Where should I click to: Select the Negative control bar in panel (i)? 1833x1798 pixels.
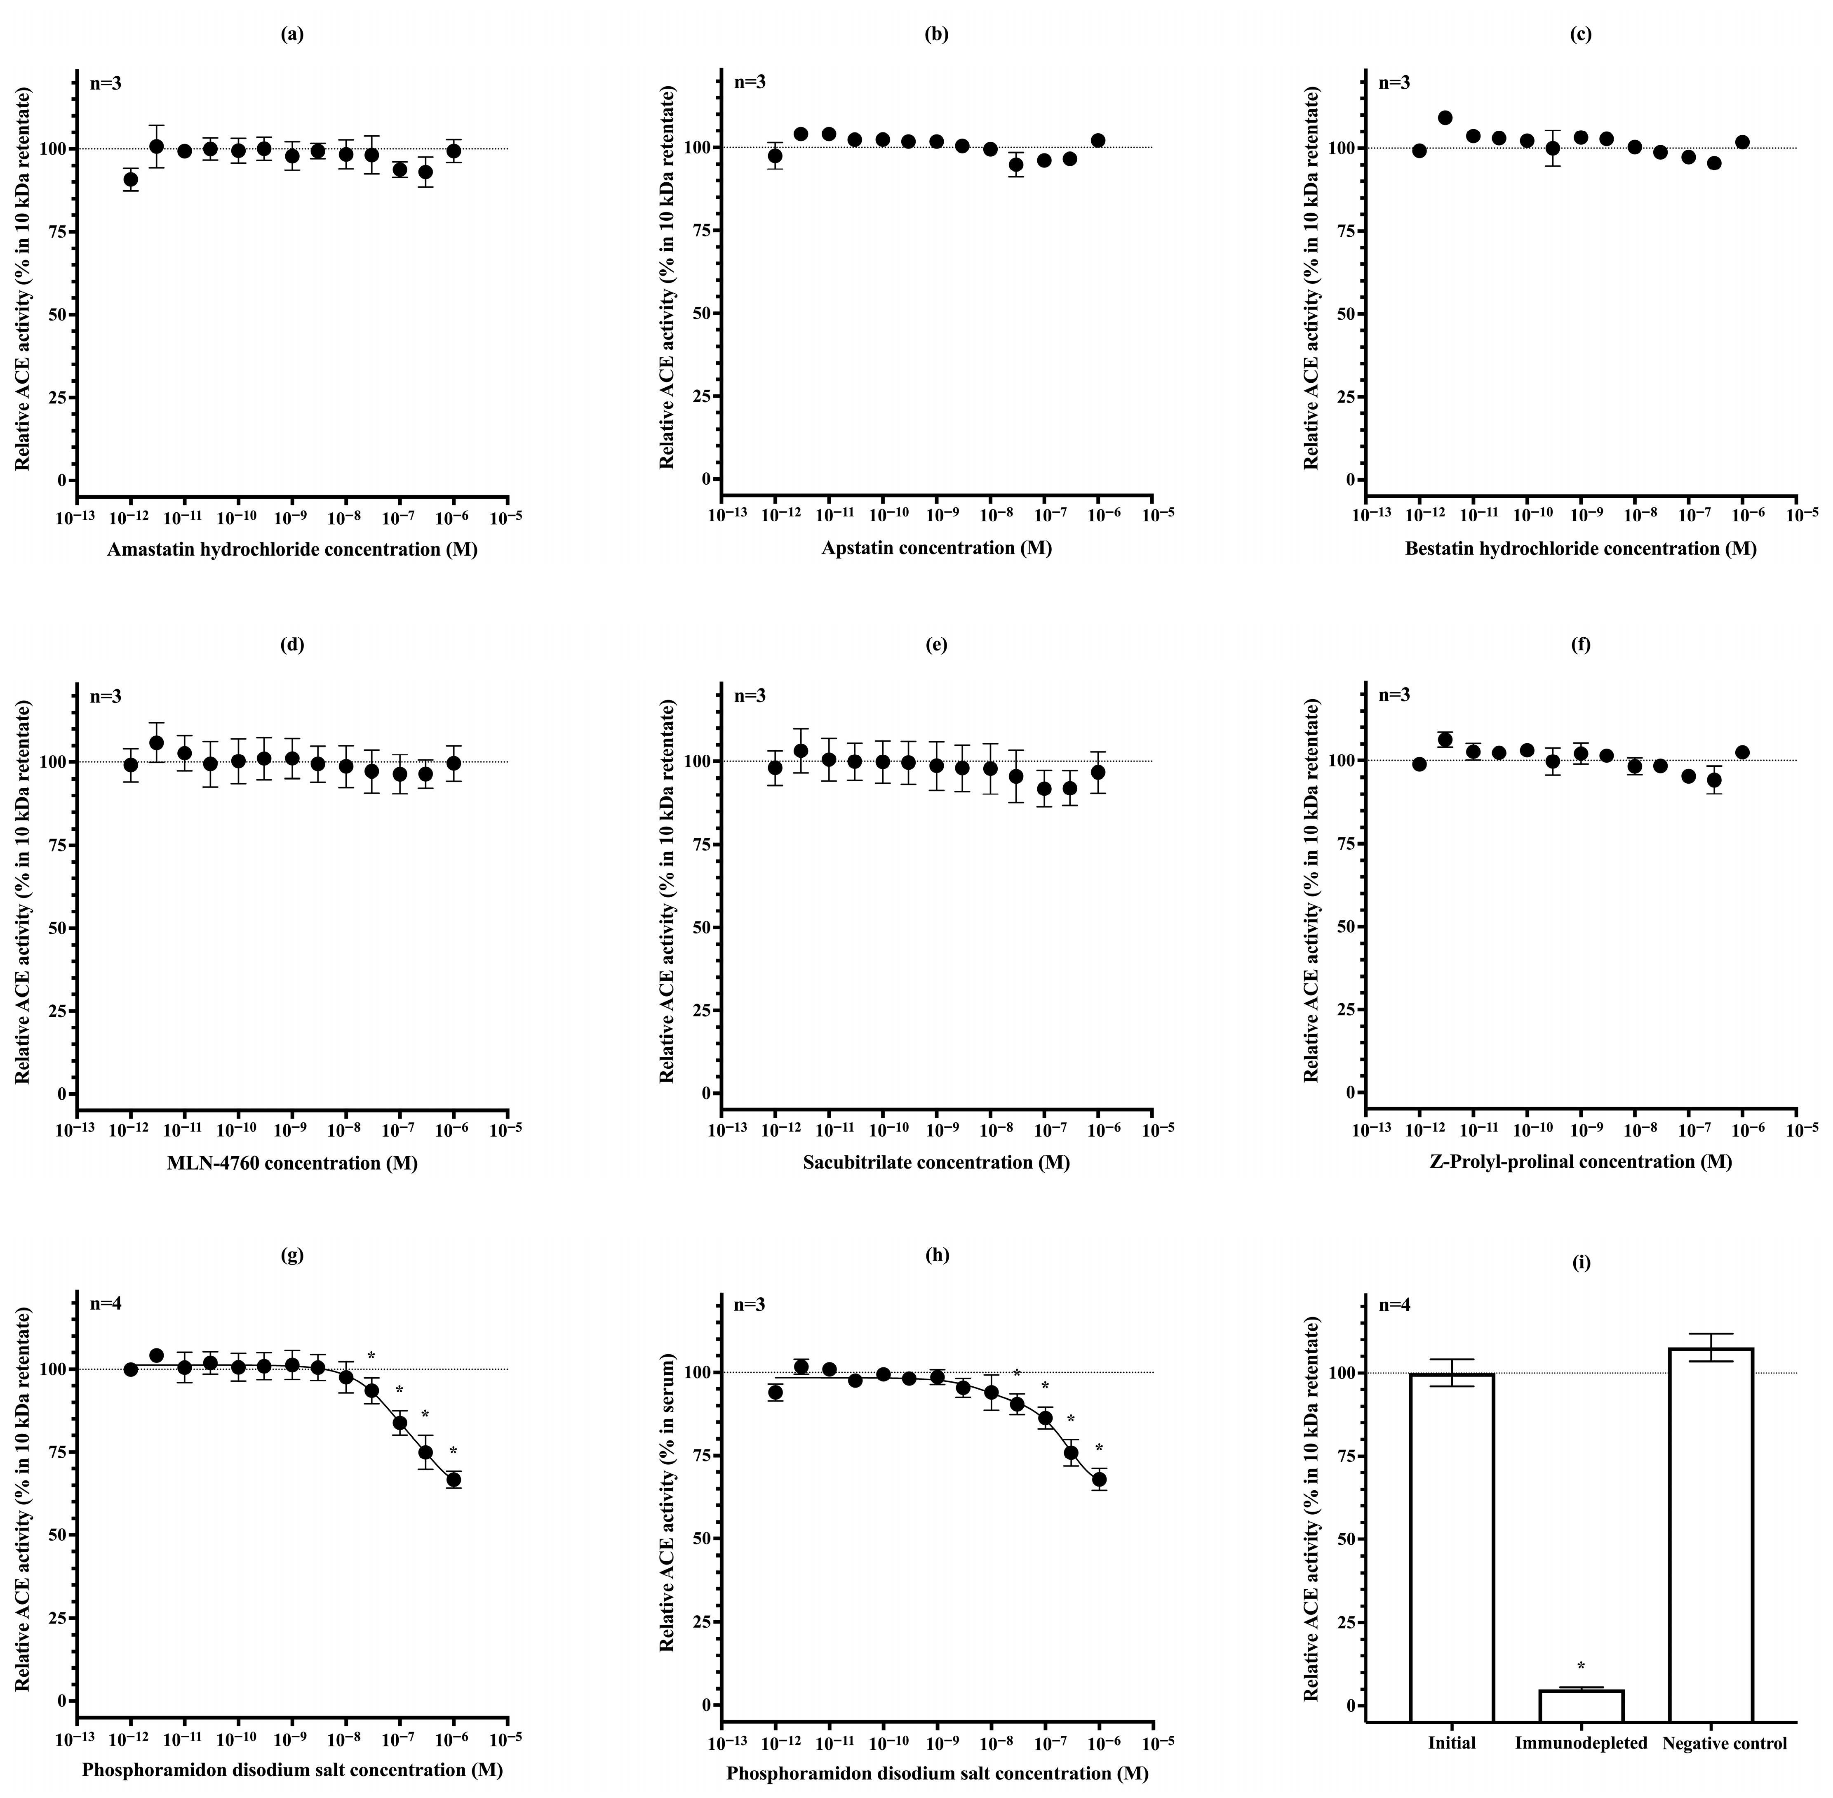(1710, 1530)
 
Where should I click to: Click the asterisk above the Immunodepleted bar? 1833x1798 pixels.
(1581, 1667)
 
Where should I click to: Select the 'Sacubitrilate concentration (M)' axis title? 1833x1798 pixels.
(936, 1162)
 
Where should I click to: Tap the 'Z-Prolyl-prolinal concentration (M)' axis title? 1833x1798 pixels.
(1581, 1162)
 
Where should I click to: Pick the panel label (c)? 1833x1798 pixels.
(1581, 35)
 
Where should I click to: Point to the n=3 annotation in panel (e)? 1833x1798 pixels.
(750, 696)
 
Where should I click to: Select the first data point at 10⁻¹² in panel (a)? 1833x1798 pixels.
(130, 179)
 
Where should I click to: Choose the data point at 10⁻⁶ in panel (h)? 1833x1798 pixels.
(1099, 1479)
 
